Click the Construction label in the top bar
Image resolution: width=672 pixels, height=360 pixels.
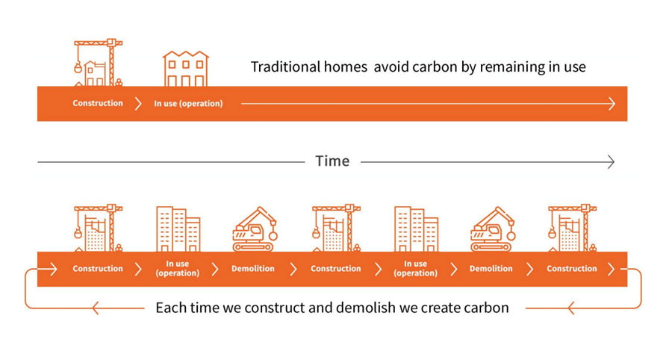click(x=98, y=103)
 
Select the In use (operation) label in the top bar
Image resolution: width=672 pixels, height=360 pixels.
click(x=188, y=104)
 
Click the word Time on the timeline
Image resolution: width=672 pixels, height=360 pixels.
click(x=332, y=161)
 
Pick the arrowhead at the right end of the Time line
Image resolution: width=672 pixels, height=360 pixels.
click(x=610, y=161)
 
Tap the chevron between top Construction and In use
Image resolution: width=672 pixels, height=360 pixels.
click(x=138, y=104)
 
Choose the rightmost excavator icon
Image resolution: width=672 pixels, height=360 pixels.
click(x=492, y=229)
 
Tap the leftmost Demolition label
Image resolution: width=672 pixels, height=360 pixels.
click(x=253, y=269)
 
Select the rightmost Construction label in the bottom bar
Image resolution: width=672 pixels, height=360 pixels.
click(x=572, y=269)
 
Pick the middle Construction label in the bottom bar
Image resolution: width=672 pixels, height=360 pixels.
click(x=336, y=269)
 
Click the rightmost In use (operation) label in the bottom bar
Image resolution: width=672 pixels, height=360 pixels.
click(x=415, y=269)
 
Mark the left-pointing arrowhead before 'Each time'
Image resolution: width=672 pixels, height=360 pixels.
click(x=95, y=307)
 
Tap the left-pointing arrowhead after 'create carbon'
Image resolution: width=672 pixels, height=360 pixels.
click(x=571, y=307)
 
